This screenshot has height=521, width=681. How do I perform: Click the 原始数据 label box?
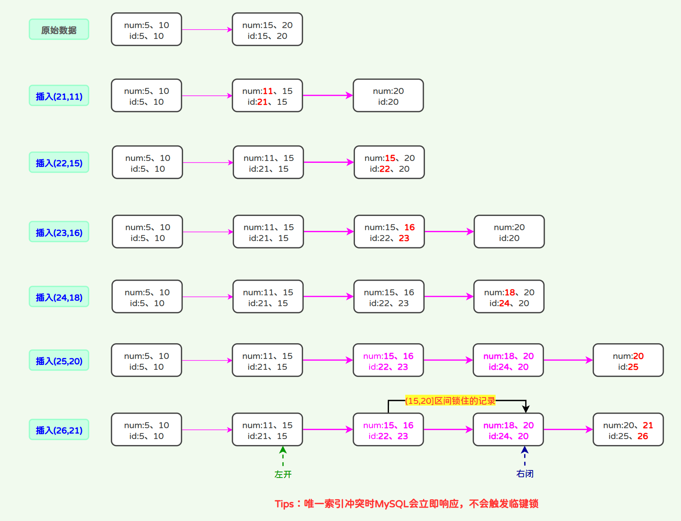pos(59,30)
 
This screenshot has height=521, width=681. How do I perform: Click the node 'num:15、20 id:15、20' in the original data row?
pos(267,30)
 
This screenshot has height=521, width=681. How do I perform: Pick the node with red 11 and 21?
pos(267,96)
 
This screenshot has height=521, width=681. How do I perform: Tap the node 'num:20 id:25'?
pos(628,360)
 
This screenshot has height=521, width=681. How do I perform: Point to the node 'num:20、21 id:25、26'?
pos(628,430)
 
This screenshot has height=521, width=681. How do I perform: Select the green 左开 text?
pos(283,474)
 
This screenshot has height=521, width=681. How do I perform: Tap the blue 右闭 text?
pos(525,474)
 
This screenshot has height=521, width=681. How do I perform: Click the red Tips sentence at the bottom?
pos(406,504)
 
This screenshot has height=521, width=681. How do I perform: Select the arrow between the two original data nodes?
pos(207,30)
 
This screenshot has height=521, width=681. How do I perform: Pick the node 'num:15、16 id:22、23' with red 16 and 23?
pos(389,232)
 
